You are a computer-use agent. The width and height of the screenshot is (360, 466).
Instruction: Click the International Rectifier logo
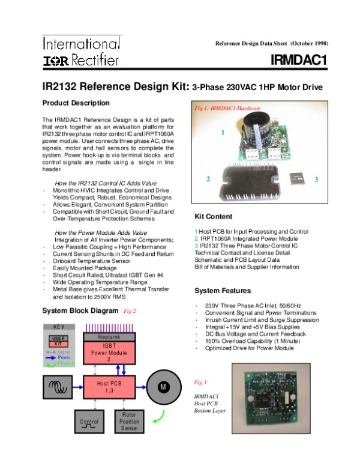coord(82,52)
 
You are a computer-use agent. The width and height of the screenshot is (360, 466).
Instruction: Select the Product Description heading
coord(76,103)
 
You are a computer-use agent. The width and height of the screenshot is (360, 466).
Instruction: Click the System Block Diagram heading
coord(81,310)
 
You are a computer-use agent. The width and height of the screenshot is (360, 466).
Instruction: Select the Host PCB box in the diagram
coord(109,387)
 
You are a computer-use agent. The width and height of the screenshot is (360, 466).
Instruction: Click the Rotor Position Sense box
coord(129,421)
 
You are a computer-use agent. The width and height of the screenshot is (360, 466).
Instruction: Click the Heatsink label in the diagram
coord(109,337)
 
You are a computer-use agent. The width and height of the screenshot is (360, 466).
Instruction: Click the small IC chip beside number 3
coord(297,179)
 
